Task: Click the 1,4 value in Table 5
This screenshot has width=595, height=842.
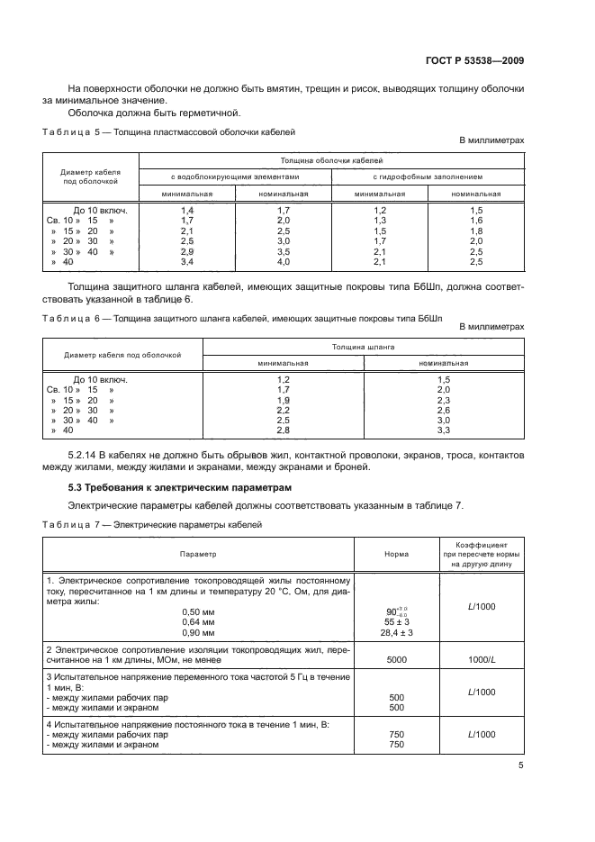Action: pyautogui.click(x=187, y=209)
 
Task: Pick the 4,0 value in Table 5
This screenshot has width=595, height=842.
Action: pyautogui.click(x=283, y=261)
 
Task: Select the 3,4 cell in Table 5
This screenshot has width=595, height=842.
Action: pyautogui.click(x=187, y=261)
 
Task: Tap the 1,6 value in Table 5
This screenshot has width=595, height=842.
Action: pyautogui.click(x=476, y=220)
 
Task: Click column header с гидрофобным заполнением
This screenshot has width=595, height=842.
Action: pyautogui.click(x=428, y=176)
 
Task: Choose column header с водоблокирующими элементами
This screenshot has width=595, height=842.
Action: pyautogui.click(x=235, y=176)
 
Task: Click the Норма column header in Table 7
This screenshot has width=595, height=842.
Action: pyautogui.click(x=396, y=554)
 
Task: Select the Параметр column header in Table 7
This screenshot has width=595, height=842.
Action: pyautogui.click(x=198, y=554)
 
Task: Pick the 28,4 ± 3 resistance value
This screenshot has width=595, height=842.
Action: pyautogui.click(x=397, y=632)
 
